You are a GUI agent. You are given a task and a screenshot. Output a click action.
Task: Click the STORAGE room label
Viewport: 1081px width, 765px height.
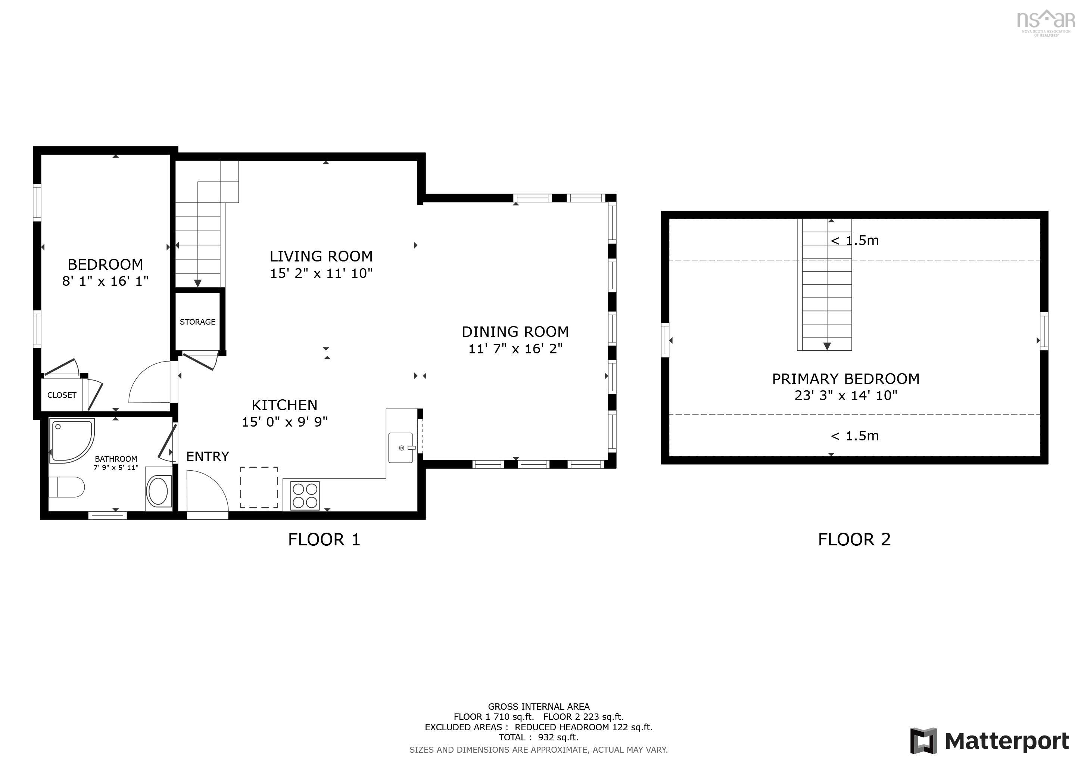(197, 322)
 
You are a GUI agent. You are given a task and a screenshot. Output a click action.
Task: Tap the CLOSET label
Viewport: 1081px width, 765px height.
(62, 395)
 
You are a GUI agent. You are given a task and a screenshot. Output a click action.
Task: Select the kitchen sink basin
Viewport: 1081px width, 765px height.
(400, 447)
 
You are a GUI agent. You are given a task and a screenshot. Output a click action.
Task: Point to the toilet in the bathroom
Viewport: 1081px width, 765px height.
(66, 487)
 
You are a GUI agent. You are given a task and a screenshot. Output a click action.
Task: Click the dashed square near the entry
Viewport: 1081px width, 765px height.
(259, 487)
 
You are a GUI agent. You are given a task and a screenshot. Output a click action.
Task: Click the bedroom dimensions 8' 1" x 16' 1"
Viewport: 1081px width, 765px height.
(106, 281)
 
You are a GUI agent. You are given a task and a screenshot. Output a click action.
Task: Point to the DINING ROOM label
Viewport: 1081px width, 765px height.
(515, 332)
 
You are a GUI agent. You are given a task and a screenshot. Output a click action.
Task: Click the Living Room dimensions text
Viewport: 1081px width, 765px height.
(321, 273)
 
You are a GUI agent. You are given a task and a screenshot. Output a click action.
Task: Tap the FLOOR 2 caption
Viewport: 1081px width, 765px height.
(854, 540)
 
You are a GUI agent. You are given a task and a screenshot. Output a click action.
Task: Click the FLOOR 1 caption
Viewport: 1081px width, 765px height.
(324, 540)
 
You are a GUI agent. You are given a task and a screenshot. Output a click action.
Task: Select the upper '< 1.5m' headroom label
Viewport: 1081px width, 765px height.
(854, 241)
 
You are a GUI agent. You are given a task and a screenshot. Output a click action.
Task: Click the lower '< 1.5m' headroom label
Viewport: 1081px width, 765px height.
(854, 436)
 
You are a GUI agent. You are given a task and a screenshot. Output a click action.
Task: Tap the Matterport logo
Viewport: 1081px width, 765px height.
(989, 741)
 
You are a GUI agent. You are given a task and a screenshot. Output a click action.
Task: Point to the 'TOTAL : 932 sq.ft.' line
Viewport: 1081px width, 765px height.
(539, 737)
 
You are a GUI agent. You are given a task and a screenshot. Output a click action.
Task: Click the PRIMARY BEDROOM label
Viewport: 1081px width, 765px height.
(845, 379)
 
